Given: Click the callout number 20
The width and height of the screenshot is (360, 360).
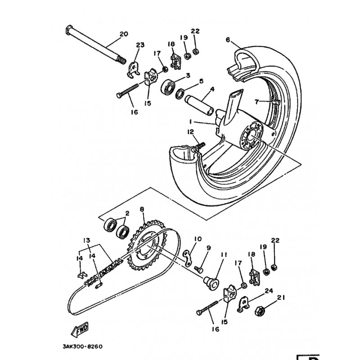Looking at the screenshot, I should pos(124,34).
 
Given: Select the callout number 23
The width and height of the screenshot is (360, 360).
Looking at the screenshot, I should pos(140,45).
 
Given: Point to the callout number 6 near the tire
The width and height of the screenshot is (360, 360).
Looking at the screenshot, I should pos(228,40).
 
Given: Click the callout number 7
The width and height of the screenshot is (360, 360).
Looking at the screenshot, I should pos(256,102).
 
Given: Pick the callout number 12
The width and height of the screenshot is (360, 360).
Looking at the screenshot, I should pos(191,132).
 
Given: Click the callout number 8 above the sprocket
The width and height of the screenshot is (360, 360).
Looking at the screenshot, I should pos(142,209).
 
